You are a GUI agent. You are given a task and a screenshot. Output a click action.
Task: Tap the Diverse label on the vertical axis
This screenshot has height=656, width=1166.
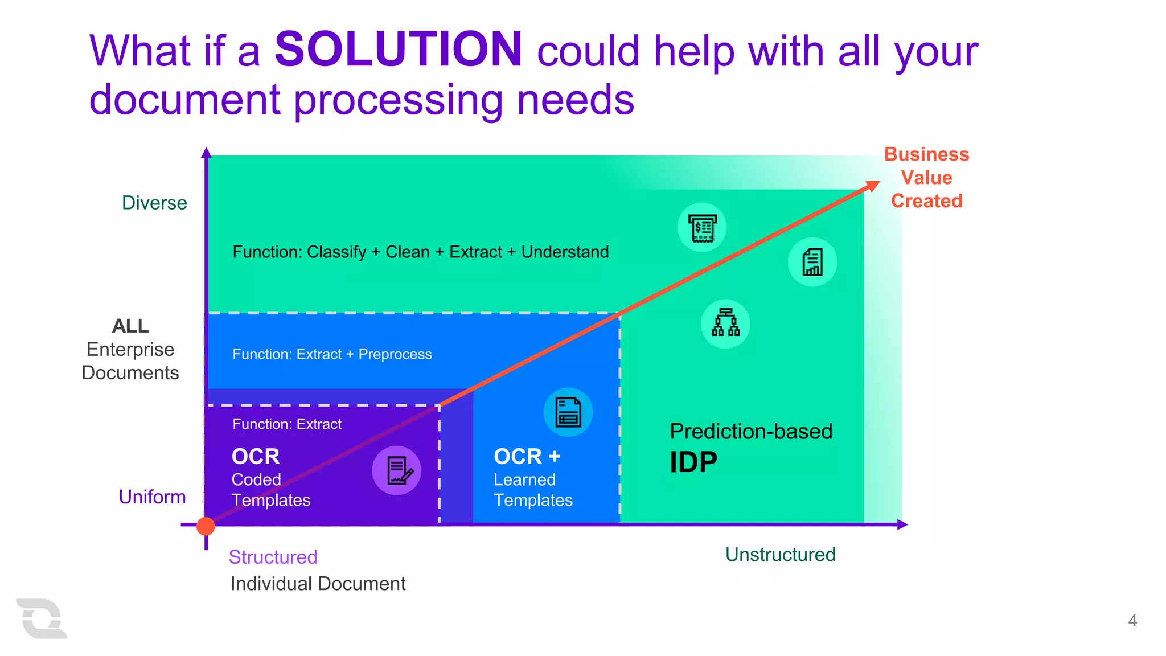click(x=154, y=203)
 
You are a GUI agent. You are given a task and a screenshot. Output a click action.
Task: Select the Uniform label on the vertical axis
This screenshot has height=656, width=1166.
click(x=152, y=497)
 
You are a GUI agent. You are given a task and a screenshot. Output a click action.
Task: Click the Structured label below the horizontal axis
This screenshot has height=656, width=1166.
click(x=273, y=557)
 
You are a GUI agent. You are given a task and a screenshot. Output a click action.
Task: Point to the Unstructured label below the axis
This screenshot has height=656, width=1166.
click(x=780, y=554)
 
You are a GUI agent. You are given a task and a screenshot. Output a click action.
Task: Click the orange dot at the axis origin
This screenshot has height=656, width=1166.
click(x=206, y=526)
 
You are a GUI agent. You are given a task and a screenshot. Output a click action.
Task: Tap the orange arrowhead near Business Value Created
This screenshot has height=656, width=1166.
click(x=872, y=186)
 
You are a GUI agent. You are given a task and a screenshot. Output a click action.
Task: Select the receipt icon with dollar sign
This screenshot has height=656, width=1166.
click(x=702, y=228)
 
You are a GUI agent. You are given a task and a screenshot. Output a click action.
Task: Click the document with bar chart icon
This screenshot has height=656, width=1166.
click(x=812, y=262)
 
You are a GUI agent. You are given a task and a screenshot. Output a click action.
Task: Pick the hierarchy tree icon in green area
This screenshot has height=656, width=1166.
click(x=725, y=323)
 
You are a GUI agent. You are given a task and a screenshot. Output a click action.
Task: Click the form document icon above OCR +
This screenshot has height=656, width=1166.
click(x=568, y=412)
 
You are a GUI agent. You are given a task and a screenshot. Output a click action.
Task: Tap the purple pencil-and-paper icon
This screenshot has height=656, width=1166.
click(x=397, y=470)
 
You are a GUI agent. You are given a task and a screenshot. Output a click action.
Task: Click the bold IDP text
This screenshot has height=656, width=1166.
click(x=693, y=462)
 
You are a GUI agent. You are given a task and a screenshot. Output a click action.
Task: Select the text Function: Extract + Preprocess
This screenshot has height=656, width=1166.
click(x=332, y=354)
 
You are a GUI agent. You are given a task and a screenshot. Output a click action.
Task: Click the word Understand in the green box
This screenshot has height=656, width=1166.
click(x=565, y=252)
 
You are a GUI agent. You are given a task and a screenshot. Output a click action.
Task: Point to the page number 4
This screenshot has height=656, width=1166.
click(x=1132, y=620)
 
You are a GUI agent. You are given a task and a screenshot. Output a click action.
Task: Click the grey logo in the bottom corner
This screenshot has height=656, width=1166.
click(x=41, y=618)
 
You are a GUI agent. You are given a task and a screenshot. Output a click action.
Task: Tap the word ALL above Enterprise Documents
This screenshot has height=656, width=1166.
click(x=130, y=326)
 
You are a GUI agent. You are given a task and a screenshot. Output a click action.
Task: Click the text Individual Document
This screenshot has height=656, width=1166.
click(x=318, y=584)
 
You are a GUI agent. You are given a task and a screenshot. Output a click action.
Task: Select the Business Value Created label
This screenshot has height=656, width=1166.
click(x=926, y=178)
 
